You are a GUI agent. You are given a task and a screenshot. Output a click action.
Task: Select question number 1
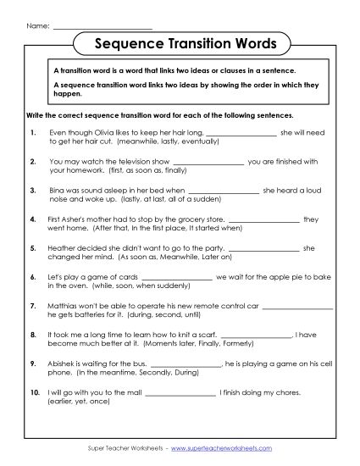coord(31,133)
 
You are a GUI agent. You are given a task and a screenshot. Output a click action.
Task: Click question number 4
coord(31,219)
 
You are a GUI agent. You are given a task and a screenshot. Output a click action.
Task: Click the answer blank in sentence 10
coord(180,392)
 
